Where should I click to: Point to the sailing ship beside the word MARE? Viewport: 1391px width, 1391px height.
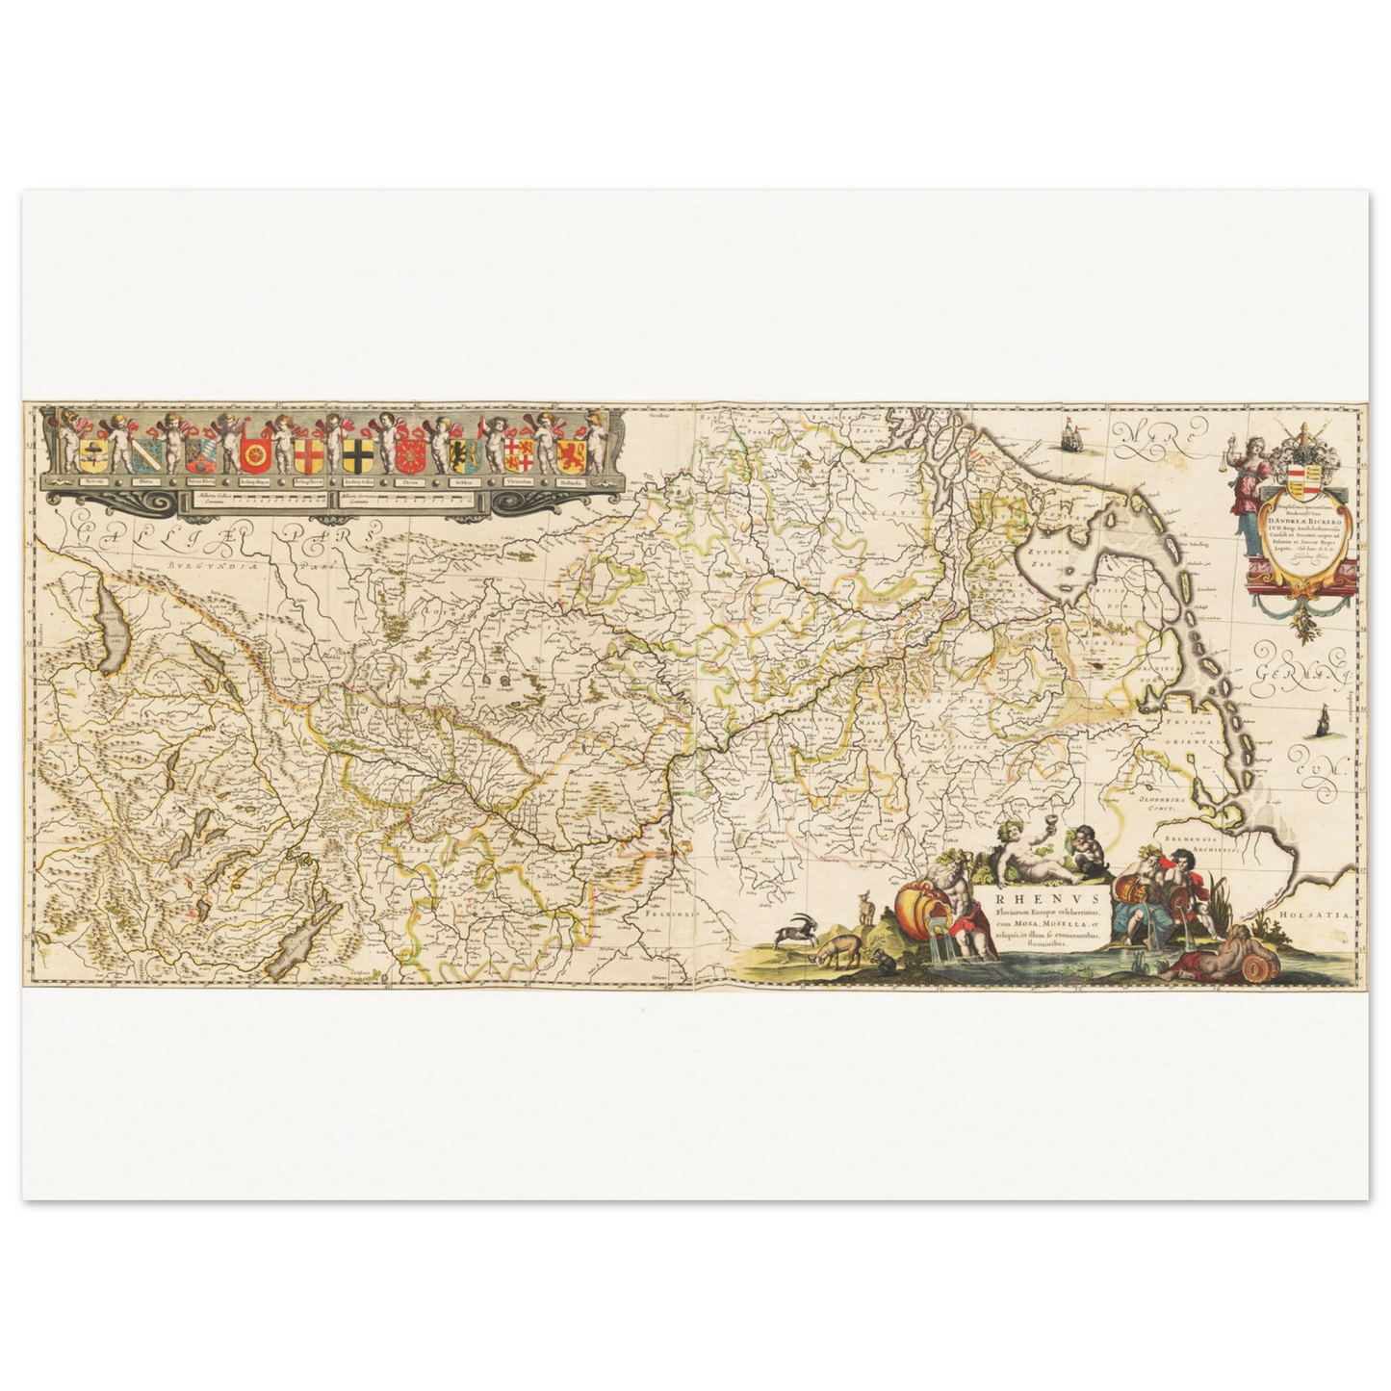pyautogui.click(x=1067, y=439)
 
